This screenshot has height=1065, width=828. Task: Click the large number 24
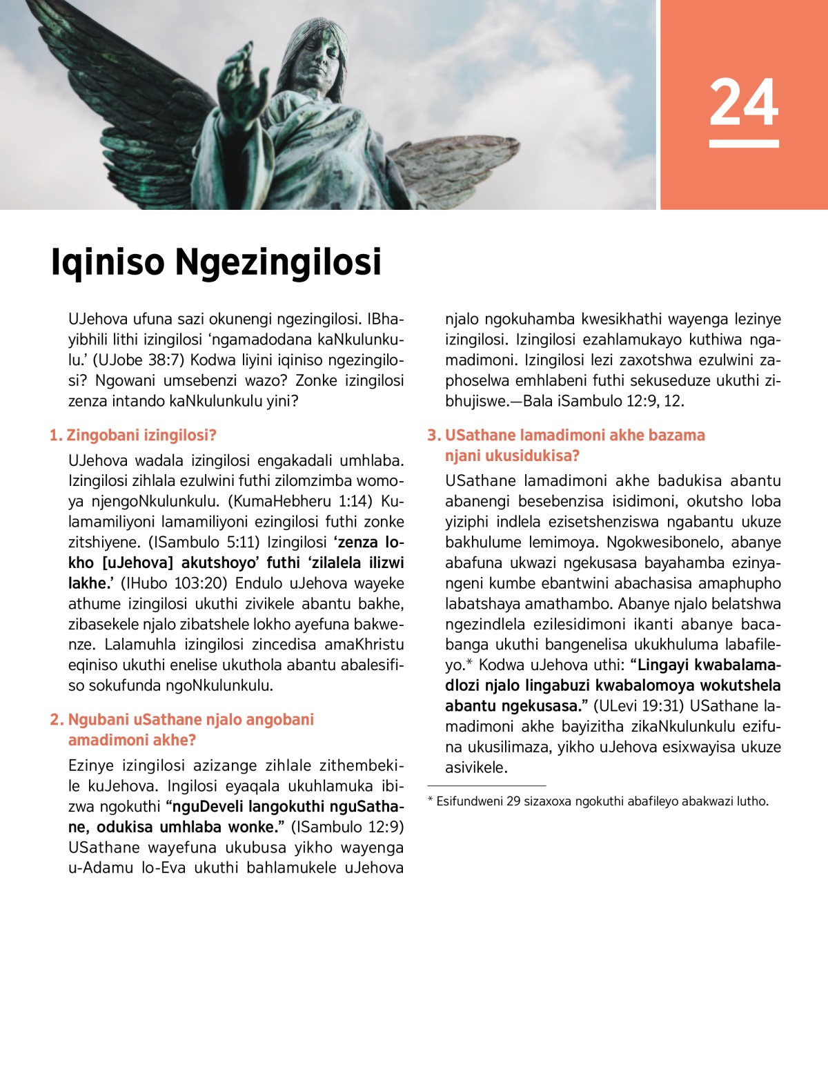point(744,103)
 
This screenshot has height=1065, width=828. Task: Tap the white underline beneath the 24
point(744,144)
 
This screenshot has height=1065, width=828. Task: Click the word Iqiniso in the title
point(108,262)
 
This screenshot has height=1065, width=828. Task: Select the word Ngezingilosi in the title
point(278,262)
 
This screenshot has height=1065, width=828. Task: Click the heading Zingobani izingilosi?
point(141,435)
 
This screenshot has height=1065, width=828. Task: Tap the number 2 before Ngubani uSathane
point(55,720)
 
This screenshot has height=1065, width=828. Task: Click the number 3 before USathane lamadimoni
point(433,436)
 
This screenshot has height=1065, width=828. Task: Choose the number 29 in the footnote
point(513,801)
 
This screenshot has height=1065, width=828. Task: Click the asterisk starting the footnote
point(431,801)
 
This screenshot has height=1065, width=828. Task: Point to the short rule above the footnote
point(486,785)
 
